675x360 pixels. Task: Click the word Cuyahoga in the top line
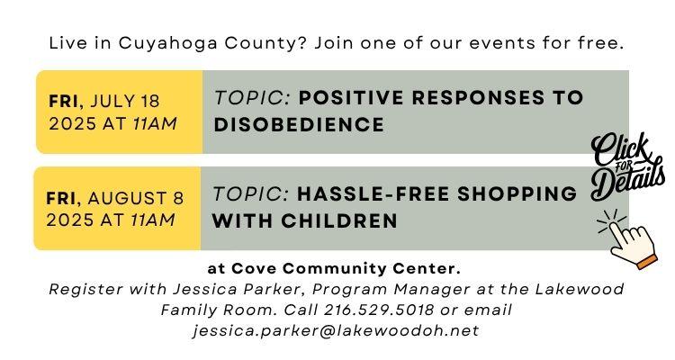(168, 43)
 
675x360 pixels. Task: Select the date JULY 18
(125, 101)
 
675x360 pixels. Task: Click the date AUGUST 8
(136, 199)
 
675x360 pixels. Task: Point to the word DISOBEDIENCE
(299, 125)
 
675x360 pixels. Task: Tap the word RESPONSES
(478, 98)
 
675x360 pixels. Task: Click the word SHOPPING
(517, 193)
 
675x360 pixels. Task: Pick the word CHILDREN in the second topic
(339, 220)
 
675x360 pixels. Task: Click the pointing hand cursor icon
(628, 238)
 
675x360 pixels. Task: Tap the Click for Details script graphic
(627, 166)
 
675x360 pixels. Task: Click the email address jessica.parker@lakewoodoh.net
(336, 330)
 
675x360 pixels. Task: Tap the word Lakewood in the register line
(580, 289)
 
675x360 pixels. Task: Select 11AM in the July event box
(155, 124)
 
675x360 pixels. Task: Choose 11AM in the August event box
(152, 220)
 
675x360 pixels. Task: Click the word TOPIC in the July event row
(253, 98)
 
